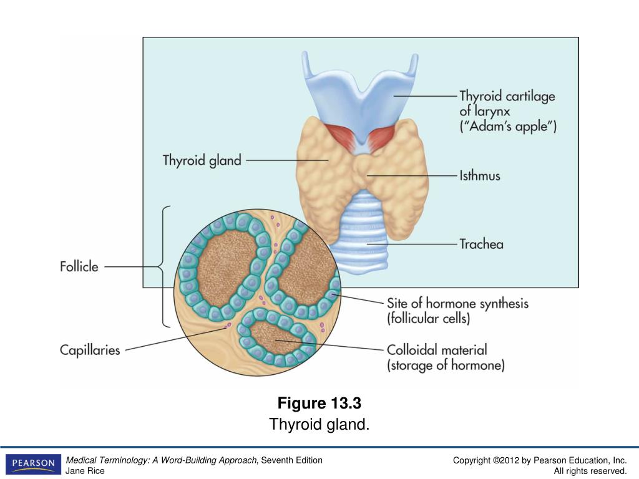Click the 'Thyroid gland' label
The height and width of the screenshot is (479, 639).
(x=202, y=160)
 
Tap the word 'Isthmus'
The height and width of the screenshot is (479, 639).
(x=479, y=176)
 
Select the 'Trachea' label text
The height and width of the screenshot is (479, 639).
(x=481, y=244)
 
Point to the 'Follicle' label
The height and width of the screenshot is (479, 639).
(x=79, y=266)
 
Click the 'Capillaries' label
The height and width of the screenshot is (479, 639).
(x=90, y=350)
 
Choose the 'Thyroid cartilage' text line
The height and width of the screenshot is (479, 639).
(x=507, y=97)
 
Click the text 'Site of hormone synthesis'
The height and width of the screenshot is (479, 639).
(x=457, y=304)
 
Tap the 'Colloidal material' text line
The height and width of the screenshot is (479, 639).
(x=437, y=350)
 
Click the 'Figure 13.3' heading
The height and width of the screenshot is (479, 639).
(x=319, y=402)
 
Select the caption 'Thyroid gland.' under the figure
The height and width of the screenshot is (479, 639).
(x=319, y=425)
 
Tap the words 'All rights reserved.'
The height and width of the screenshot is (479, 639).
(x=590, y=471)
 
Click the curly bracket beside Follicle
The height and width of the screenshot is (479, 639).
(x=165, y=267)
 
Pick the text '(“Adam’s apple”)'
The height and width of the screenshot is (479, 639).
(x=508, y=127)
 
